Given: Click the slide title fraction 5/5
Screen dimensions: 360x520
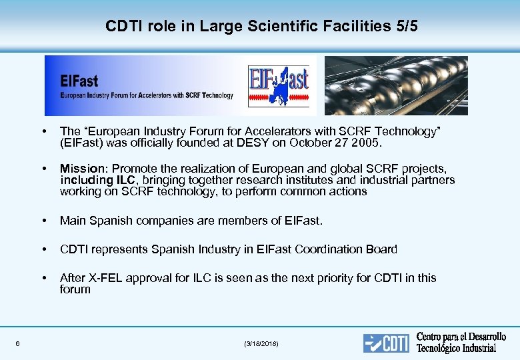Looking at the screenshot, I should pos(401,27).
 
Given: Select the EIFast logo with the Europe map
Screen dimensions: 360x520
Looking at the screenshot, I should pos(278,85).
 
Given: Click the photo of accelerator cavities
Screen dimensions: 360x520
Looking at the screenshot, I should pos(396,85).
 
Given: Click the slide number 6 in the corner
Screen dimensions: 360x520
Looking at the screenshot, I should pos(17,343).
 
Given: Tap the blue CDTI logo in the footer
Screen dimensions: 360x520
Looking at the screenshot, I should pos(387,343).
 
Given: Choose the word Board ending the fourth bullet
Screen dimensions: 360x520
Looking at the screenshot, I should pos(381,249).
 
